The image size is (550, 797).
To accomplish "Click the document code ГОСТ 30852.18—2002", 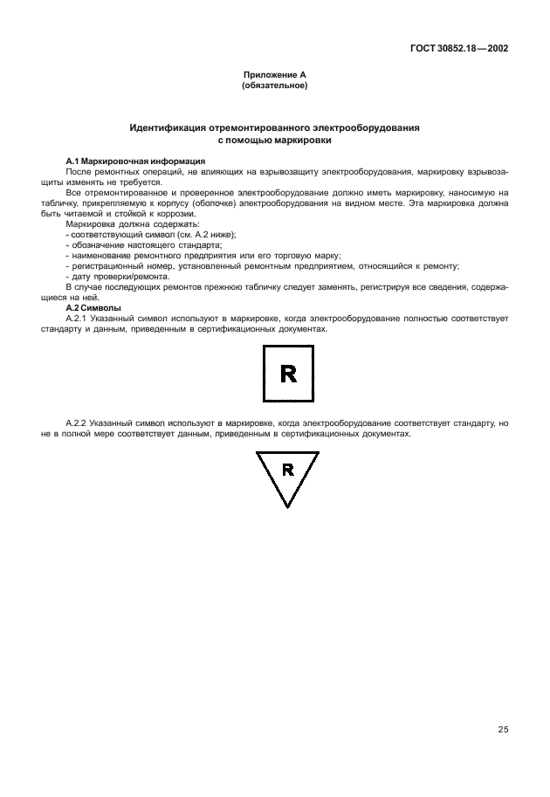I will [x=459, y=48].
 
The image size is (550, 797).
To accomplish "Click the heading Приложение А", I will [x=274, y=76].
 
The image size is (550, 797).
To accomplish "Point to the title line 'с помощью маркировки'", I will [x=274, y=140].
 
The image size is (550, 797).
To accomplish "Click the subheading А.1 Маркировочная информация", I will [x=136, y=161].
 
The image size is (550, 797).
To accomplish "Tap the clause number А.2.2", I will [x=79, y=423].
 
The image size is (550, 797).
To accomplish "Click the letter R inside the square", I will [x=288, y=373].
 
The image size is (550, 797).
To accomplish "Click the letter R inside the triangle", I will [x=288, y=470].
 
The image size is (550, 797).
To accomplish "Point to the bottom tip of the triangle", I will [x=287, y=506].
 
